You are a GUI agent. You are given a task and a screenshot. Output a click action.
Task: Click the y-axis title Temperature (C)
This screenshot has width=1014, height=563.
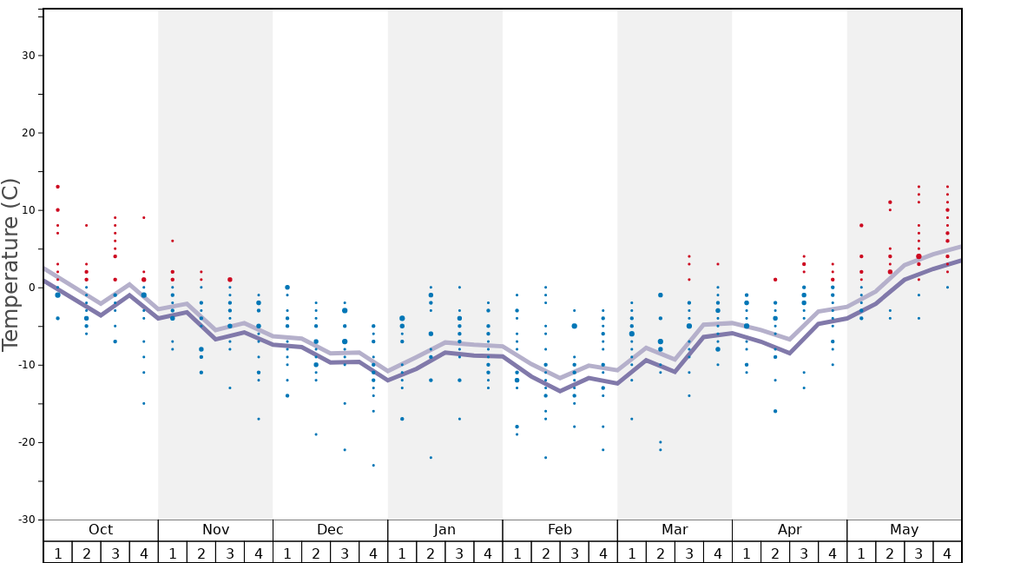(10, 264)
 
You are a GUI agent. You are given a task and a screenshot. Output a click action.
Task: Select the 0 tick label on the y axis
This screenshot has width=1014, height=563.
(30, 288)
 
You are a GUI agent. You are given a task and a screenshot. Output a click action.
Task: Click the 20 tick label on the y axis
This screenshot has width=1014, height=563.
(28, 133)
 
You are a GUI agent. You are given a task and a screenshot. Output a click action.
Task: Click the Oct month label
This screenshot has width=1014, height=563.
(101, 530)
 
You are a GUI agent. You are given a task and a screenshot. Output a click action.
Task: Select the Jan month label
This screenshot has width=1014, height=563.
(444, 530)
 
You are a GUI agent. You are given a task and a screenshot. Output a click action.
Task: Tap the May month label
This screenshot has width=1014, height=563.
(904, 530)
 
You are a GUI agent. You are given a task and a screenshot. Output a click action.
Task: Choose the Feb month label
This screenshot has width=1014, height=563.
(560, 530)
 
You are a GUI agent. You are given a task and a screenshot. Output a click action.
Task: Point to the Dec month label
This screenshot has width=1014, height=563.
(330, 530)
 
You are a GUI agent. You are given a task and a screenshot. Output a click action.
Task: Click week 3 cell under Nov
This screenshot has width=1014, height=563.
(230, 553)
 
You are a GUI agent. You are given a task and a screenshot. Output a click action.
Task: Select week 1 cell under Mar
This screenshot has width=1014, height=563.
(631, 553)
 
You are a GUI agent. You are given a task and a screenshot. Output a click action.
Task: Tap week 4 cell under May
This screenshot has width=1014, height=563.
(947, 553)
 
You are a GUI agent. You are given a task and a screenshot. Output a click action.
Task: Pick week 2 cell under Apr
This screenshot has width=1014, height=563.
(775, 553)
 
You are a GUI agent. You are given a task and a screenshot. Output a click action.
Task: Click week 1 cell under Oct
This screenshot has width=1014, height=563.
(58, 553)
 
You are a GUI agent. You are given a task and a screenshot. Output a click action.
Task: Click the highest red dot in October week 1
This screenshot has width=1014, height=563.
(58, 187)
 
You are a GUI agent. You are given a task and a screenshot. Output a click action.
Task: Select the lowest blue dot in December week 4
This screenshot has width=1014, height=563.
(373, 466)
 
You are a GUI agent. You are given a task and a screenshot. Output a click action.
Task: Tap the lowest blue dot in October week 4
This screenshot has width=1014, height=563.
(144, 403)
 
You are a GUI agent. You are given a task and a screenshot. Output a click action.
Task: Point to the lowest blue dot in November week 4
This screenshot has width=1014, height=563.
(259, 419)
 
